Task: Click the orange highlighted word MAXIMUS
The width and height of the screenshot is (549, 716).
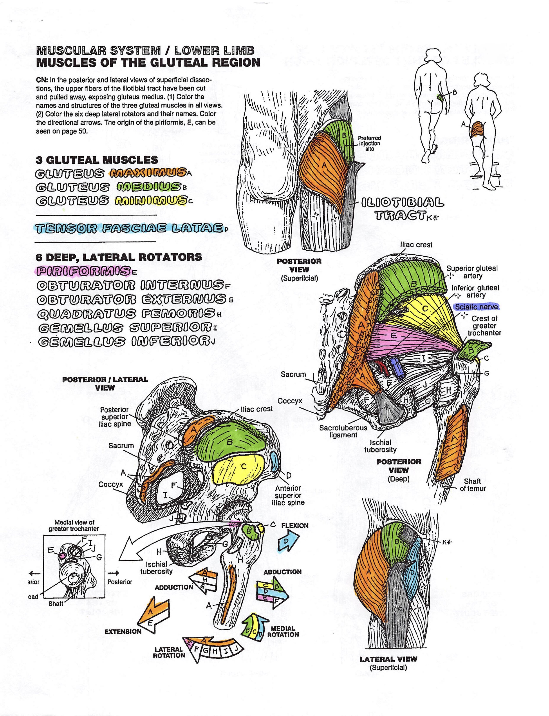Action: tap(148, 173)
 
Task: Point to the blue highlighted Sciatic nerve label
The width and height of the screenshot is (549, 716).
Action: tap(477, 307)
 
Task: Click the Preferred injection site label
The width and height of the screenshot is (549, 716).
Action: tap(369, 143)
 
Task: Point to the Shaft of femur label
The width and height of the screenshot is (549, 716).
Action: tap(473, 485)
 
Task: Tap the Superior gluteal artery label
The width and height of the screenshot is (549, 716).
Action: tap(472, 272)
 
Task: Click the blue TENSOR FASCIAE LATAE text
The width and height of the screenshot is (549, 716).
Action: tap(129, 228)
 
